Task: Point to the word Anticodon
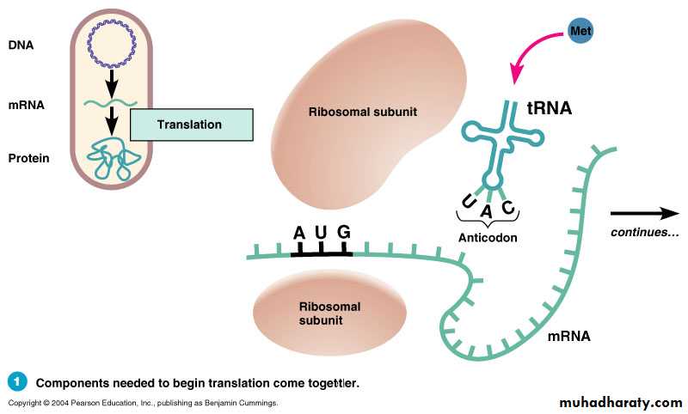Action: (x=488, y=237)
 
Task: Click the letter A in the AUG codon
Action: (x=298, y=233)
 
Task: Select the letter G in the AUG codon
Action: (x=344, y=233)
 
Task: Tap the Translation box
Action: (x=191, y=125)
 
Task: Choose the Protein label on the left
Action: (x=28, y=158)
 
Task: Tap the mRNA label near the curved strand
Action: (x=568, y=336)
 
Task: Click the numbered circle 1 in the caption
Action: (x=17, y=381)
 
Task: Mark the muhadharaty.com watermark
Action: (x=620, y=401)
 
